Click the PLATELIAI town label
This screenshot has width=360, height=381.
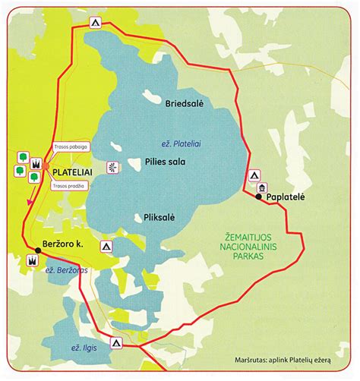tap(72, 173)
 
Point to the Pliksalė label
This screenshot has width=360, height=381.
tap(159, 217)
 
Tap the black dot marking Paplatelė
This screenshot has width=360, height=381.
tap(259, 197)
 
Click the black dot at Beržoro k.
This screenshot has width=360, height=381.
tap(38, 248)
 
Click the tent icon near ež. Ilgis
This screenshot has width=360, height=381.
tap(115, 342)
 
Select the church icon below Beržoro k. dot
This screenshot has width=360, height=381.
tap(32, 260)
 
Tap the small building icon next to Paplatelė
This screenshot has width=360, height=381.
tap(263, 186)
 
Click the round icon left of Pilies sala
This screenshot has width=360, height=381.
tap(114, 167)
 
